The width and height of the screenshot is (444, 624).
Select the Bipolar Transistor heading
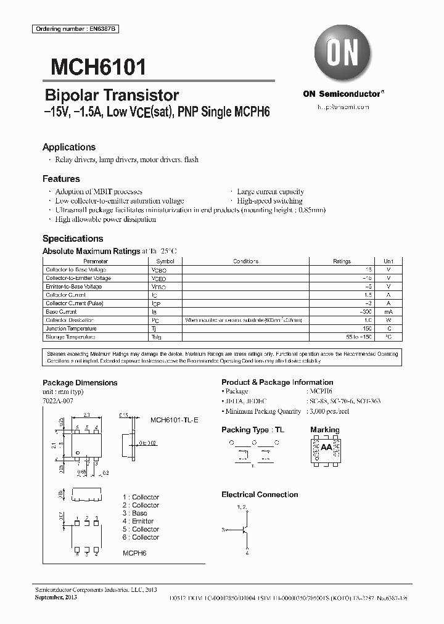point(112,96)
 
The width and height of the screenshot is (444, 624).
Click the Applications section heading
point(69,147)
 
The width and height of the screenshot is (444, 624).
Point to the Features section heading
point(61,179)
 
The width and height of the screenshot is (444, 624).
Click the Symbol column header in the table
point(157,261)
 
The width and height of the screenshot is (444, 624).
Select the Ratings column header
point(342,261)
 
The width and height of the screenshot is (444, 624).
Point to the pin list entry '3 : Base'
point(135,513)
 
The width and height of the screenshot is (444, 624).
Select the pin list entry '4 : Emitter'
point(138,521)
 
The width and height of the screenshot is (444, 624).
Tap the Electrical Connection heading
point(260,495)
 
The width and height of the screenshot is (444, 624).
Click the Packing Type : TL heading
point(245,430)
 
